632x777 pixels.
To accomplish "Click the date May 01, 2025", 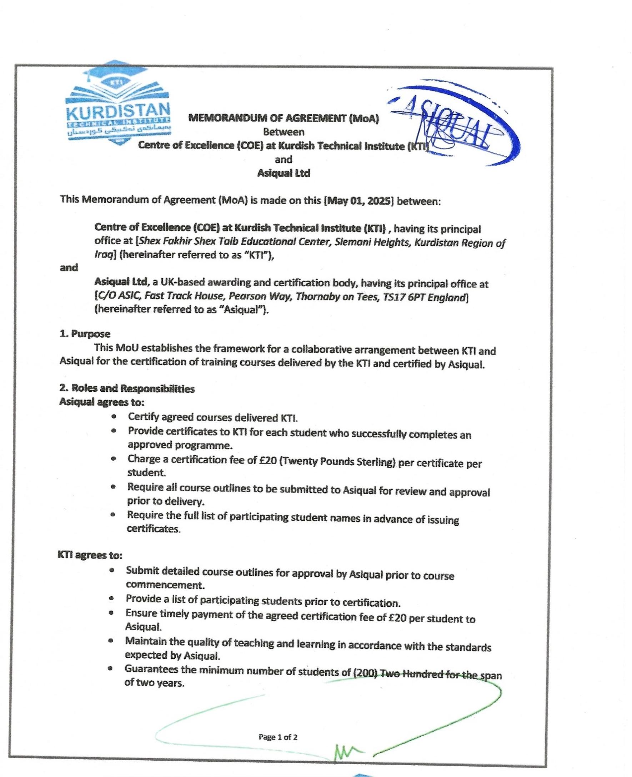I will (x=358, y=201).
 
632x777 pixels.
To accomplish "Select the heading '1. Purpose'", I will (x=85, y=334).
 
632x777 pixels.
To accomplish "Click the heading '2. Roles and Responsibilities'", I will (x=127, y=388).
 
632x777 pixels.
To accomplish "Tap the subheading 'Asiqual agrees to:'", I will (x=101, y=402).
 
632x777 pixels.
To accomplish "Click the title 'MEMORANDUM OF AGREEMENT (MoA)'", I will (x=284, y=118).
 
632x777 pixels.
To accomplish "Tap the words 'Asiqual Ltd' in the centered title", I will (x=284, y=173).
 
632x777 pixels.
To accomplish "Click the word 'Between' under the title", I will (x=284, y=131).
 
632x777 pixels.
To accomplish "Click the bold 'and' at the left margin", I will (x=69, y=267).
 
